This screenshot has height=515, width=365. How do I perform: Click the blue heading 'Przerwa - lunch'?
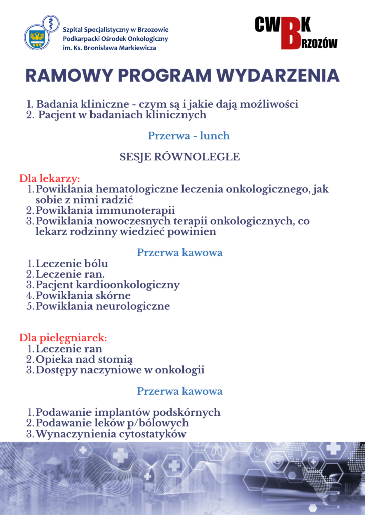point(189,136)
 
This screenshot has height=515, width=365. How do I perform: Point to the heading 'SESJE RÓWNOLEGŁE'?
point(179,157)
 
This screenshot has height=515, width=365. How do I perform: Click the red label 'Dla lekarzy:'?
point(50,179)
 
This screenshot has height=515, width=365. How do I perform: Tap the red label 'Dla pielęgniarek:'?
point(63,337)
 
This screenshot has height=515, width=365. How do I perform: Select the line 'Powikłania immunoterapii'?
point(105,210)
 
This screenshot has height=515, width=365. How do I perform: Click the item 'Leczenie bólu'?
point(71,264)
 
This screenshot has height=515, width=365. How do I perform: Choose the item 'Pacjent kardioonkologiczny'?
point(108,285)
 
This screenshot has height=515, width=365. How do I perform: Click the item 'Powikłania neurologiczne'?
point(103,306)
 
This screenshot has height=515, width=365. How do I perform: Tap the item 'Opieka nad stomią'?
point(84,359)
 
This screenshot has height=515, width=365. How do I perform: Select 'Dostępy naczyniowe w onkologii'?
point(120,370)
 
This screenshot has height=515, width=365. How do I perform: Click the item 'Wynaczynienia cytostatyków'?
point(111,434)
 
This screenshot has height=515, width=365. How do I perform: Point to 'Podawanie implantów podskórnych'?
point(128,412)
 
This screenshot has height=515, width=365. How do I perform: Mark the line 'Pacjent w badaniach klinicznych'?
point(122,115)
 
